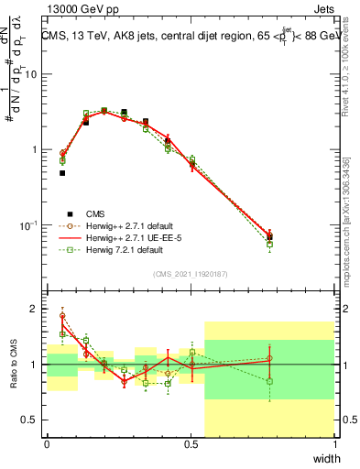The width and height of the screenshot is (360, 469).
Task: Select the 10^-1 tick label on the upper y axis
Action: (x=28, y=225)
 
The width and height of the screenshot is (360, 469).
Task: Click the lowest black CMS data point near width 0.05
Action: (x=62, y=172)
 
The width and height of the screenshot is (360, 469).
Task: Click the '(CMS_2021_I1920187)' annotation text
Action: (x=191, y=273)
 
